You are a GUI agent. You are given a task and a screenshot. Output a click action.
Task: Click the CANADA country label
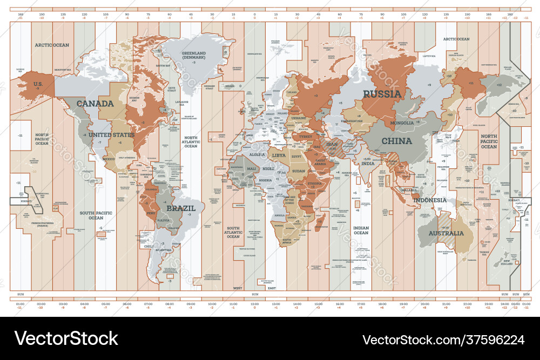click(95, 103)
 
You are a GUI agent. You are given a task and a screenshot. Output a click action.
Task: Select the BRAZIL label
click(178, 208)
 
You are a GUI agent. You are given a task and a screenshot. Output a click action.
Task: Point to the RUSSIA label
click(382, 94)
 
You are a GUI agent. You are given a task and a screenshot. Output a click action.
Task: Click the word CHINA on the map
click(397, 141)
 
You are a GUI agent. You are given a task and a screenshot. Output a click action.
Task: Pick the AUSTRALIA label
click(446, 234)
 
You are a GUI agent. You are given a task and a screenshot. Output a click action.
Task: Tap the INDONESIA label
click(430, 200)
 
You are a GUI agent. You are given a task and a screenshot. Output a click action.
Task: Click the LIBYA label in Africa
click(279, 155)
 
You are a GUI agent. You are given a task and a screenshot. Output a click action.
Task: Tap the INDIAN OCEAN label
click(361, 230)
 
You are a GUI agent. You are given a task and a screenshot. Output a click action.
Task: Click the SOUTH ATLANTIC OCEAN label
click(233, 232)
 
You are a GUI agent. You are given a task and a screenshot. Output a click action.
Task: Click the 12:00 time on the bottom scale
click(254, 305)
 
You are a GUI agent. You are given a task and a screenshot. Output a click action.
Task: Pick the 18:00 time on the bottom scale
click(382, 305)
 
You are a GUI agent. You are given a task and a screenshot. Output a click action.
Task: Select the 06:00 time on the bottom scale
click(127, 305)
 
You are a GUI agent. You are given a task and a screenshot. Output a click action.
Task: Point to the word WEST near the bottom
click(238, 288)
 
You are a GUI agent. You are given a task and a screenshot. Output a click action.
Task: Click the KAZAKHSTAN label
click(351, 121)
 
